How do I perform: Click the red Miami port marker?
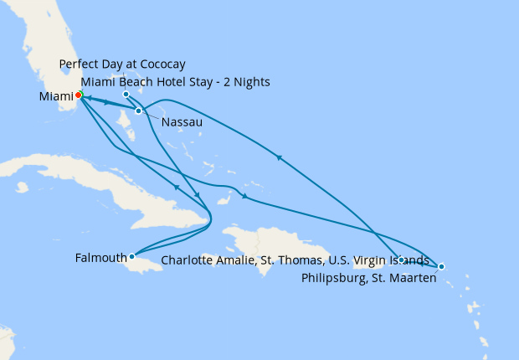coord(77,94)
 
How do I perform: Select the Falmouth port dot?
coord(131,256)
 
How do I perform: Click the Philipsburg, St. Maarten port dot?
coord(441,266)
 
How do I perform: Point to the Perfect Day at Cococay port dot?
coord(126,94)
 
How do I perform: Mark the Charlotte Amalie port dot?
coord(402,260)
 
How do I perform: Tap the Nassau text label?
coord(180,121)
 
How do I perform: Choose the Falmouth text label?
coord(100,257)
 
